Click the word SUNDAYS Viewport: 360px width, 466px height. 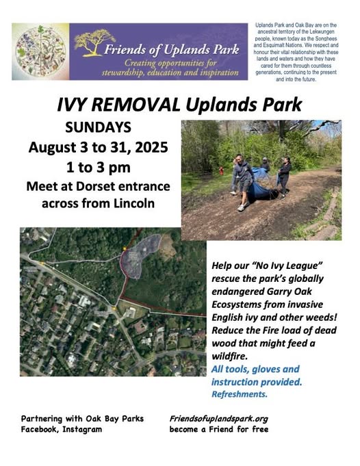tap(98, 127)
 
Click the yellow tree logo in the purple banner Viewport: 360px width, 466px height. tap(94, 42)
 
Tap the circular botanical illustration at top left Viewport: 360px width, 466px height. tap(40, 51)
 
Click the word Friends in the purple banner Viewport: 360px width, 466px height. tap(125, 50)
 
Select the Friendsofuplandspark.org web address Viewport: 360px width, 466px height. tap(219, 419)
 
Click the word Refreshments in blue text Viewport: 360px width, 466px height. tap(240, 394)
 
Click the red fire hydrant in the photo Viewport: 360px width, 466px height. tap(221, 170)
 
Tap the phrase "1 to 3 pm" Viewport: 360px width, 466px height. tap(98, 168)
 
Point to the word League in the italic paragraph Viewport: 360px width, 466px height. tap(304, 266)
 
